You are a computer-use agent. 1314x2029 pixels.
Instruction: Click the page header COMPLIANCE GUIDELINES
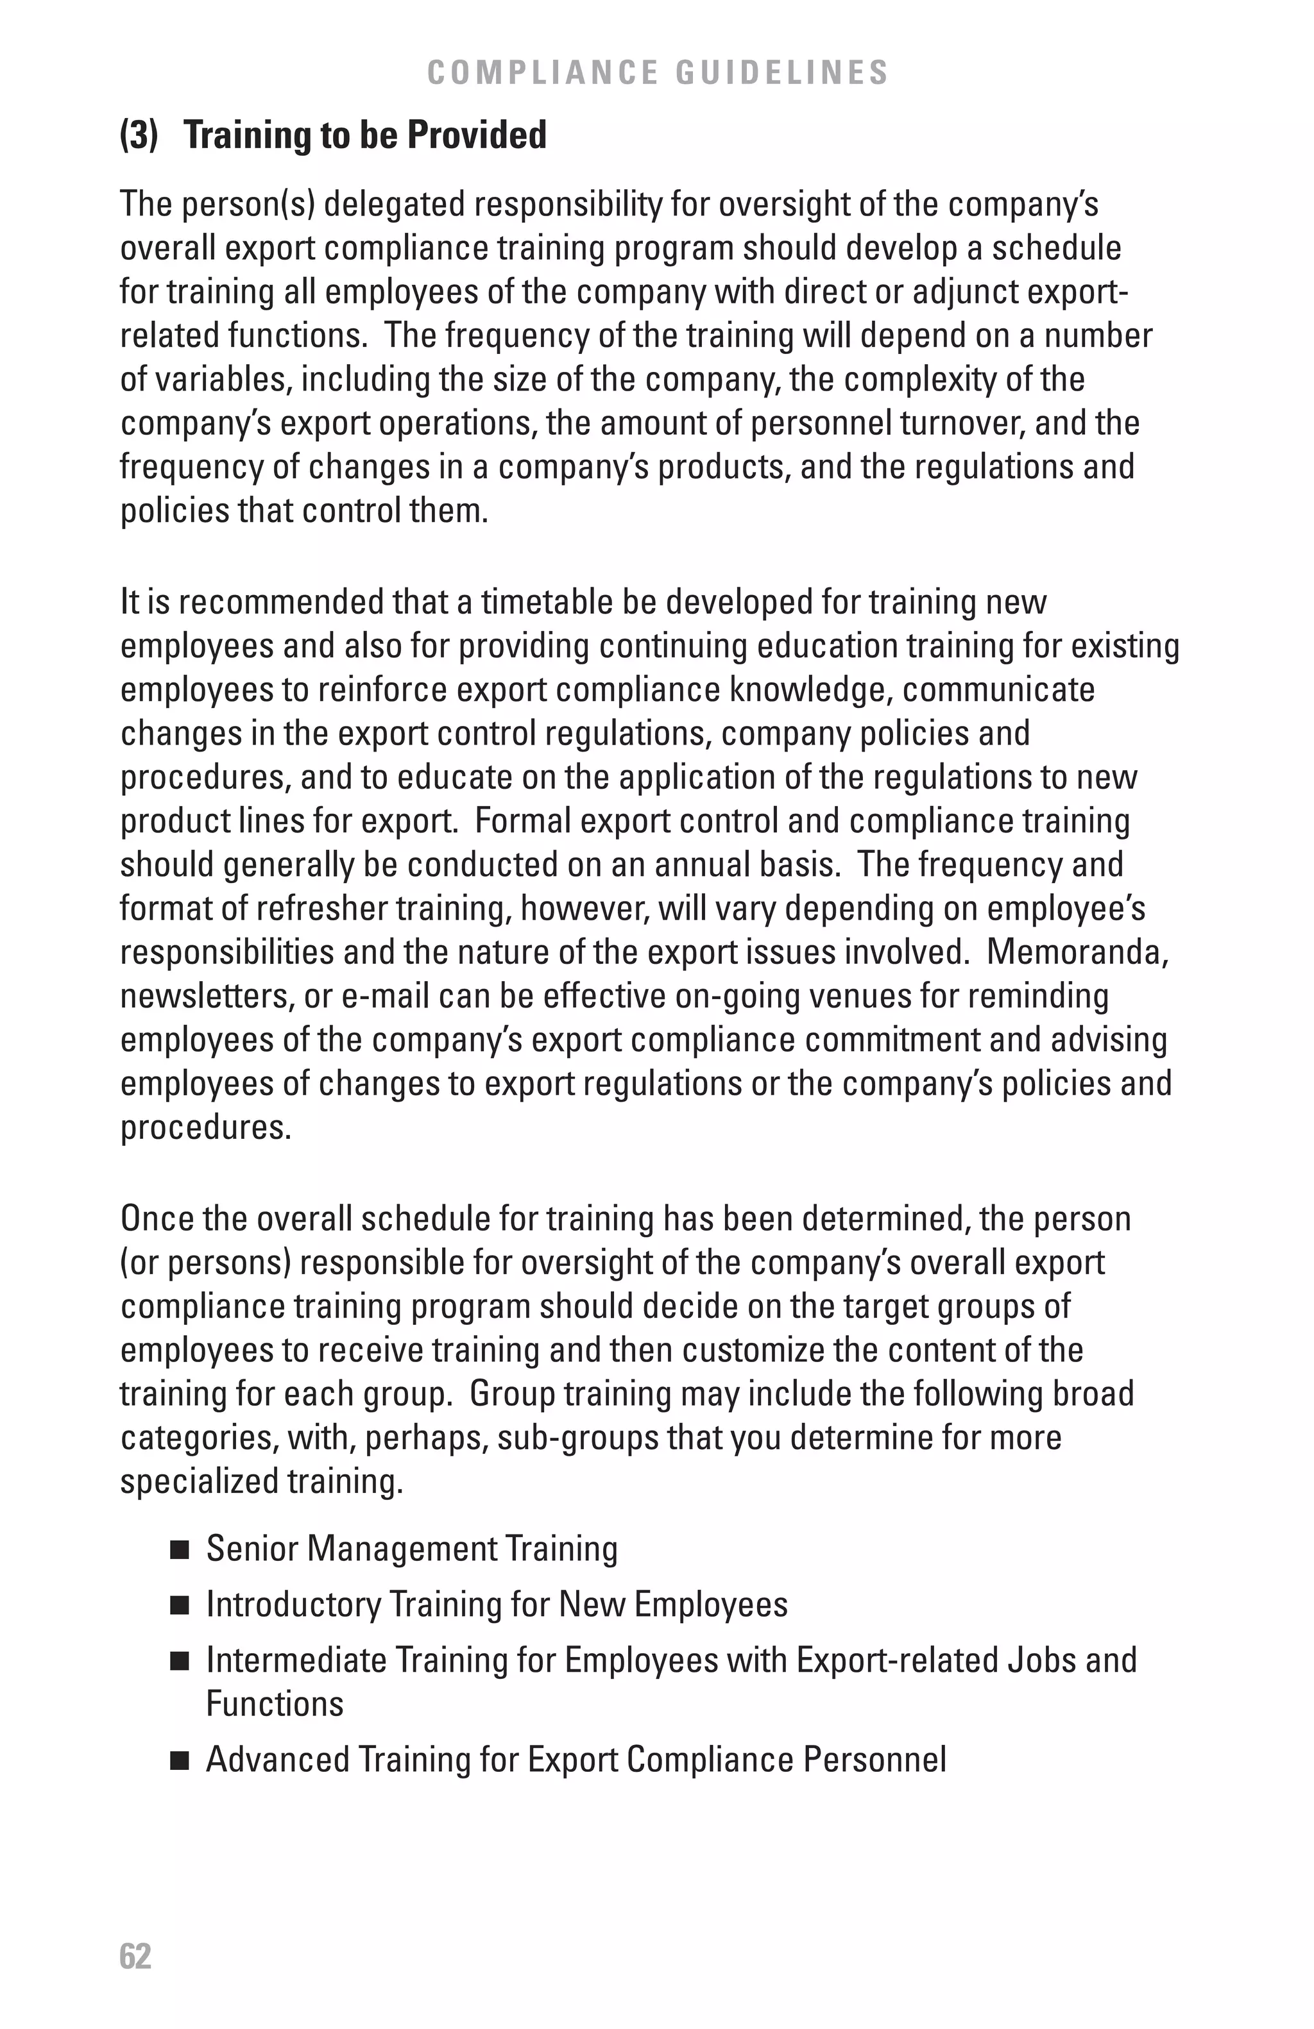(658, 73)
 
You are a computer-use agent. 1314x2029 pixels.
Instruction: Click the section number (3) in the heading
(139, 135)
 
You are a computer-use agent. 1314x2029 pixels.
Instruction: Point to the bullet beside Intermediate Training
(179, 1662)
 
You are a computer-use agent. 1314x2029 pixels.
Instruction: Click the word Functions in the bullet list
(275, 1704)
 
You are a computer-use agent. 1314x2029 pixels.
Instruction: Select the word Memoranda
(1076, 952)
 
